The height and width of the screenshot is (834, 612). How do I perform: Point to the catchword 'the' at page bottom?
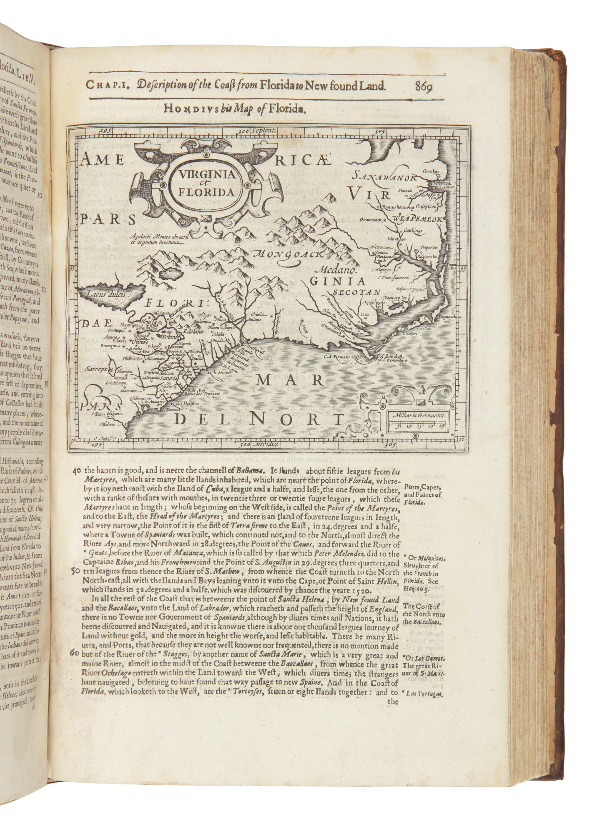tap(394, 701)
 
